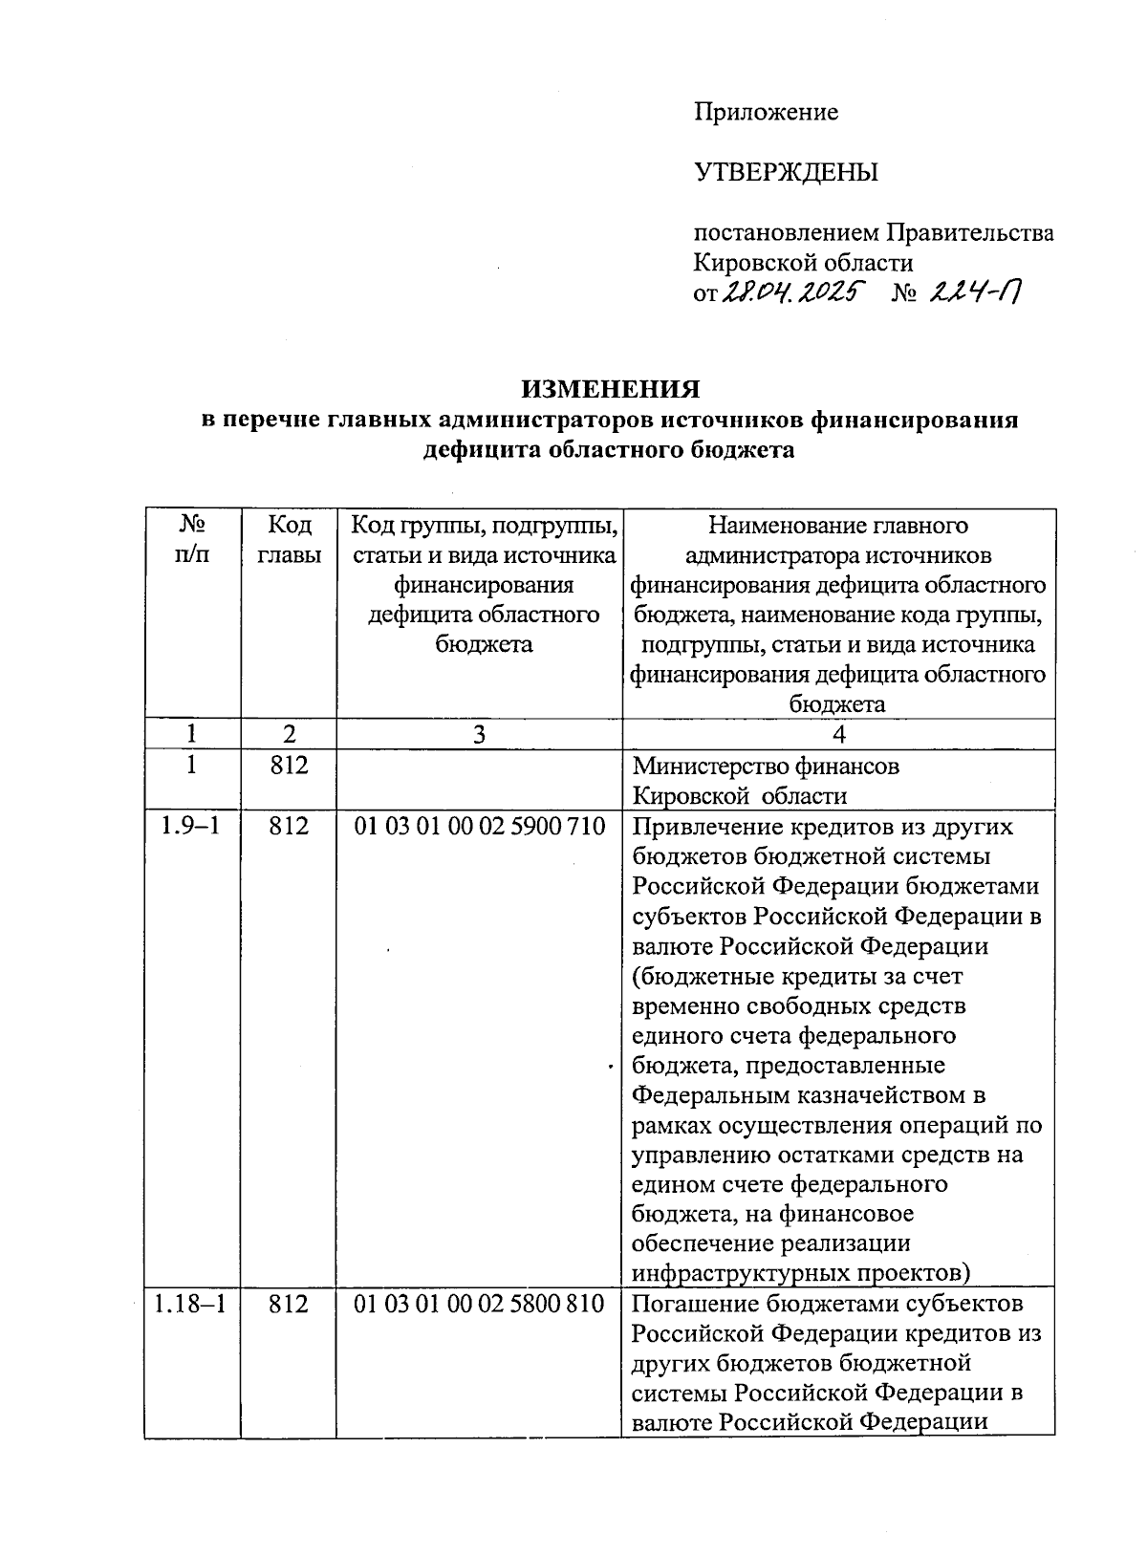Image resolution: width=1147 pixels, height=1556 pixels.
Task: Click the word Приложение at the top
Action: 766,113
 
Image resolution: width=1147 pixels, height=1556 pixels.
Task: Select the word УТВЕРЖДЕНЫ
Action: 786,173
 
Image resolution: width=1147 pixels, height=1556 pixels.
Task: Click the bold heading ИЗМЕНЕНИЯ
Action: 610,389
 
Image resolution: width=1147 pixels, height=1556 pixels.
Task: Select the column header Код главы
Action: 289,540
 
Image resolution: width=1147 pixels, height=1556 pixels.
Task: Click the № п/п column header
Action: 192,540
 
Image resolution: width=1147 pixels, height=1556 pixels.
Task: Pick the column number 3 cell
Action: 479,734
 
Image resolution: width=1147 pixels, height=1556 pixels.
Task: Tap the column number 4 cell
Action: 838,734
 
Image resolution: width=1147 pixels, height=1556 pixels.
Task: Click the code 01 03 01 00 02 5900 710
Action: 479,827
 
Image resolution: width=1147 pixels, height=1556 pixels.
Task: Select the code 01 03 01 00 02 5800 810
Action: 479,1304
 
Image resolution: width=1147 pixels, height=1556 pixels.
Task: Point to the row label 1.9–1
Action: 190,827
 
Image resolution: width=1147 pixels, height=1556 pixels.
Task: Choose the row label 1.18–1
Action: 190,1304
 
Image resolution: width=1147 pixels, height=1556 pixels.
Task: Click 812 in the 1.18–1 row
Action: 289,1304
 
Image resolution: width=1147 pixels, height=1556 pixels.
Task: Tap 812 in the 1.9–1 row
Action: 289,827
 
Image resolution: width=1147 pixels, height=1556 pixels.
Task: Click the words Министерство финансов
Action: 766,767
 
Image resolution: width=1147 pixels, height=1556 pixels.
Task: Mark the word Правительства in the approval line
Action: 969,233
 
